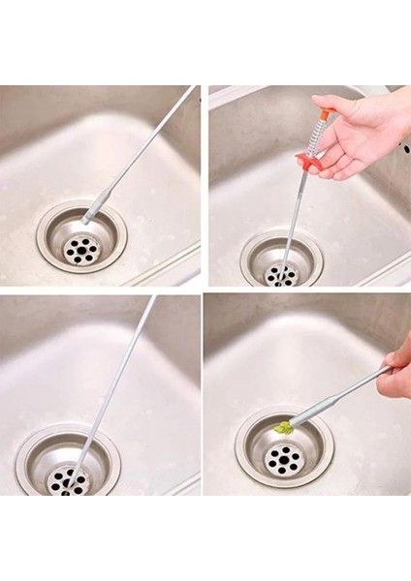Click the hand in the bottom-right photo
click(x=396, y=368)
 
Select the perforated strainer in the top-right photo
click(x=280, y=275)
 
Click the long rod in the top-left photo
click(x=145, y=145)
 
